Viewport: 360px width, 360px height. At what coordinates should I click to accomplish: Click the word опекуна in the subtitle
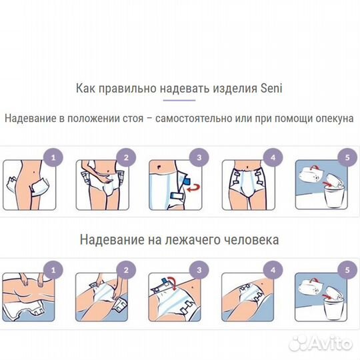[x=331, y=118]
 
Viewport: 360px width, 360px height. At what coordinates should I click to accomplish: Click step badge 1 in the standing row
[x=55, y=158]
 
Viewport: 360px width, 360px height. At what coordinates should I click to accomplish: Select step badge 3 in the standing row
[x=197, y=158]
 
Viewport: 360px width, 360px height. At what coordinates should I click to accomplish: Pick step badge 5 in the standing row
[x=342, y=158]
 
